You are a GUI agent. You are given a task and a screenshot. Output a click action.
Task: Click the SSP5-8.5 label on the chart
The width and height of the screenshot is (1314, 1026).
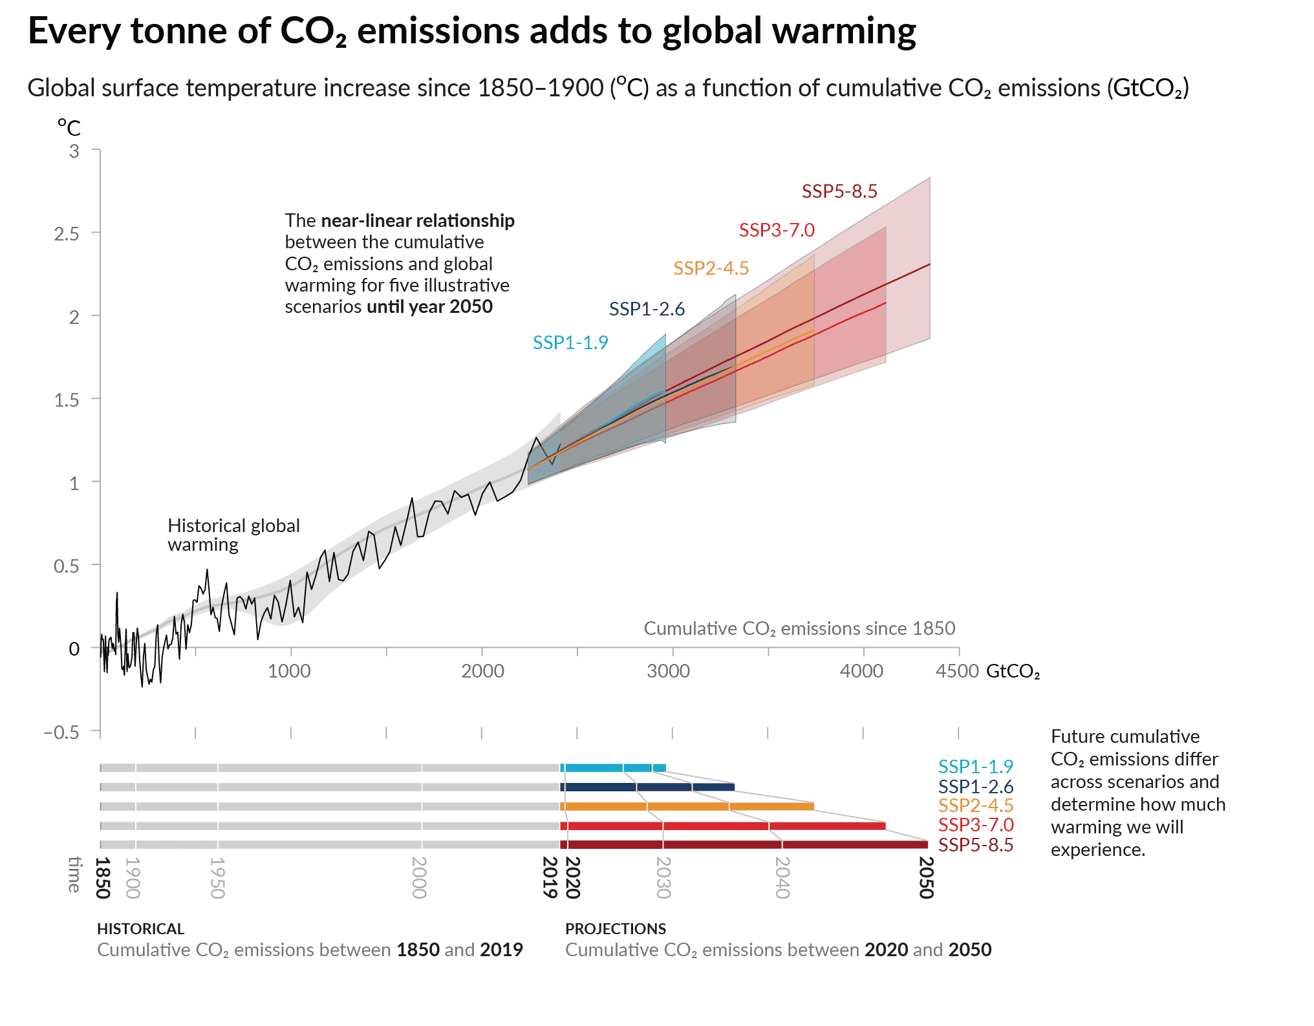(x=839, y=191)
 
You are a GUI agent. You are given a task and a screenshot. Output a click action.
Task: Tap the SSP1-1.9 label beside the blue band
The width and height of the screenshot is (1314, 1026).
(x=570, y=343)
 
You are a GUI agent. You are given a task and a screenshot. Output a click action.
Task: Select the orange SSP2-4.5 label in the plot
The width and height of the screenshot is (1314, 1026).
(x=711, y=268)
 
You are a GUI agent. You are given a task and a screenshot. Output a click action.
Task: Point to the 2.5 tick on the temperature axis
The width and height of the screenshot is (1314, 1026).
(x=67, y=233)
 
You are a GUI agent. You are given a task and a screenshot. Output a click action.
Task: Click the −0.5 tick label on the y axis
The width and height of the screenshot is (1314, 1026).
(x=61, y=732)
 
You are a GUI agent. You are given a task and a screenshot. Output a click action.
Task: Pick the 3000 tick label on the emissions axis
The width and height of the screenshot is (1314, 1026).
(x=668, y=671)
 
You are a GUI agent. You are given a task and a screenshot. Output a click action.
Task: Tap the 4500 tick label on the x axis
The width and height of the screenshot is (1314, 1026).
(x=956, y=671)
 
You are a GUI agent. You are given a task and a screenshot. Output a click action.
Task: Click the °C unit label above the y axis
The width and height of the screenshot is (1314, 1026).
(x=69, y=127)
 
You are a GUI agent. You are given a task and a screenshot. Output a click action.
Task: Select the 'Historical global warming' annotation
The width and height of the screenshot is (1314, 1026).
(x=233, y=535)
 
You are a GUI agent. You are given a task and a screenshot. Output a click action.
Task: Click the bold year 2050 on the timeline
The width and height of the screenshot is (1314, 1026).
(x=926, y=877)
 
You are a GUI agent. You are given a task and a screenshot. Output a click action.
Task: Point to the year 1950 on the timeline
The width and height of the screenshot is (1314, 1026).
(x=217, y=877)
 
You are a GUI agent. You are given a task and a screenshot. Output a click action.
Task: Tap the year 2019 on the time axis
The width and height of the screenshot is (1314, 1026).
(x=550, y=877)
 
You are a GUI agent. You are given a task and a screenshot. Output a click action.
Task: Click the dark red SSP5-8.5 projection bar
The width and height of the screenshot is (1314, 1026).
(x=744, y=844)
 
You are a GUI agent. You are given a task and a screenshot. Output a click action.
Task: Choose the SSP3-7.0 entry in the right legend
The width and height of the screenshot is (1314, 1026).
(x=975, y=825)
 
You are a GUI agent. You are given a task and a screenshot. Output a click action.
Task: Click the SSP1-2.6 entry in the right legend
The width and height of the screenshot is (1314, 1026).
(x=975, y=787)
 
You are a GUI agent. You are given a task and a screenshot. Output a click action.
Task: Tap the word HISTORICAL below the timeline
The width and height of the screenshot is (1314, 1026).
(x=140, y=929)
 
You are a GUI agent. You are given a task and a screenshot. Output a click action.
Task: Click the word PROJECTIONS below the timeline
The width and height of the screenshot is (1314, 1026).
(x=615, y=929)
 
